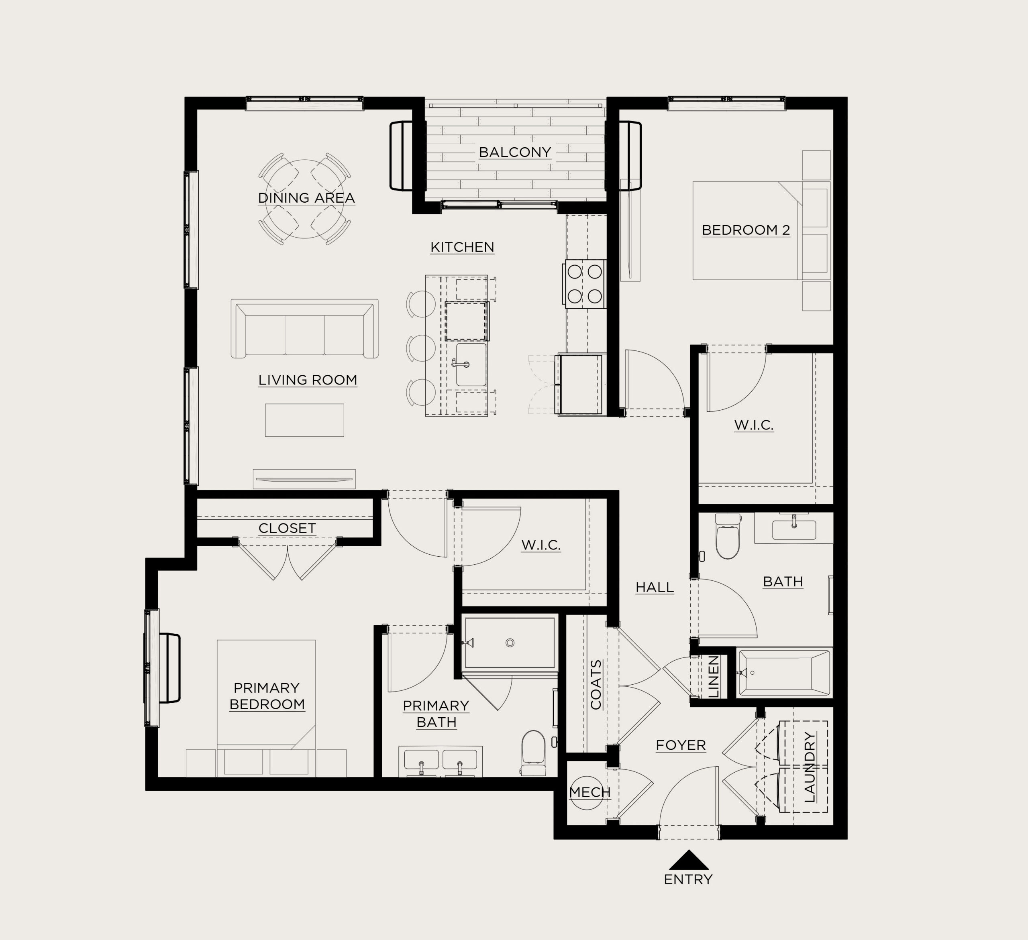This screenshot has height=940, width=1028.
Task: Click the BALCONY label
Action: [515, 152]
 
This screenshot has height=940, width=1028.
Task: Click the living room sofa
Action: [304, 329]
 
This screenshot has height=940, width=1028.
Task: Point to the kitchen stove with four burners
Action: [584, 284]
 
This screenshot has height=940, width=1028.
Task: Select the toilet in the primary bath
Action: [533, 753]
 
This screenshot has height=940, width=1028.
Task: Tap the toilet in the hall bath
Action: [728, 536]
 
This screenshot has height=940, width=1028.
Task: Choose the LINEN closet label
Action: [714, 676]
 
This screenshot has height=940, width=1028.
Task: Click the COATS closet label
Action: [596, 685]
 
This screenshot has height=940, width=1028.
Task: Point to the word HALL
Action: [655, 587]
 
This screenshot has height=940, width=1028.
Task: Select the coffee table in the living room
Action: [304, 420]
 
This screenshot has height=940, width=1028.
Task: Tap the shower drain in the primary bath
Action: [510, 643]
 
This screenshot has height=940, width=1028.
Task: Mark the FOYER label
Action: [681, 745]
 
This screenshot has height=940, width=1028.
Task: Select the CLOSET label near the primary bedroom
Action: [287, 528]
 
